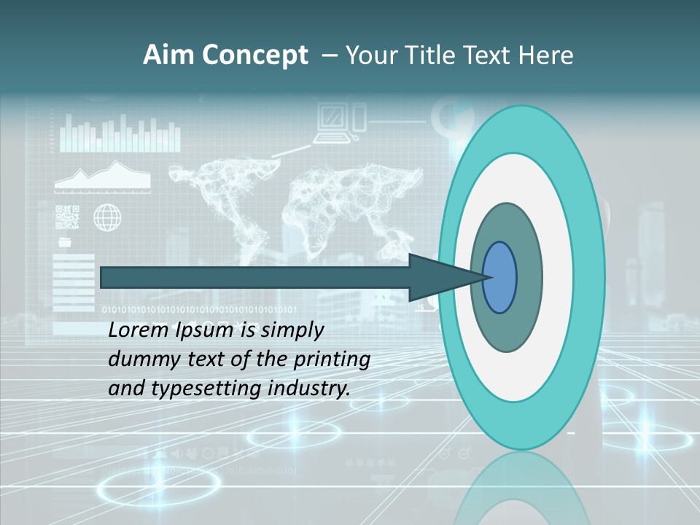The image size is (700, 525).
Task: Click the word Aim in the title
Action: (x=169, y=55)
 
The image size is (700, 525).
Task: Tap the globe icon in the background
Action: (x=107, y=217)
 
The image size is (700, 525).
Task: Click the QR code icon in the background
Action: (x=67, y=217)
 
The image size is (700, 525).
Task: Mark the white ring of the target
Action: (x=558, y=277)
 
